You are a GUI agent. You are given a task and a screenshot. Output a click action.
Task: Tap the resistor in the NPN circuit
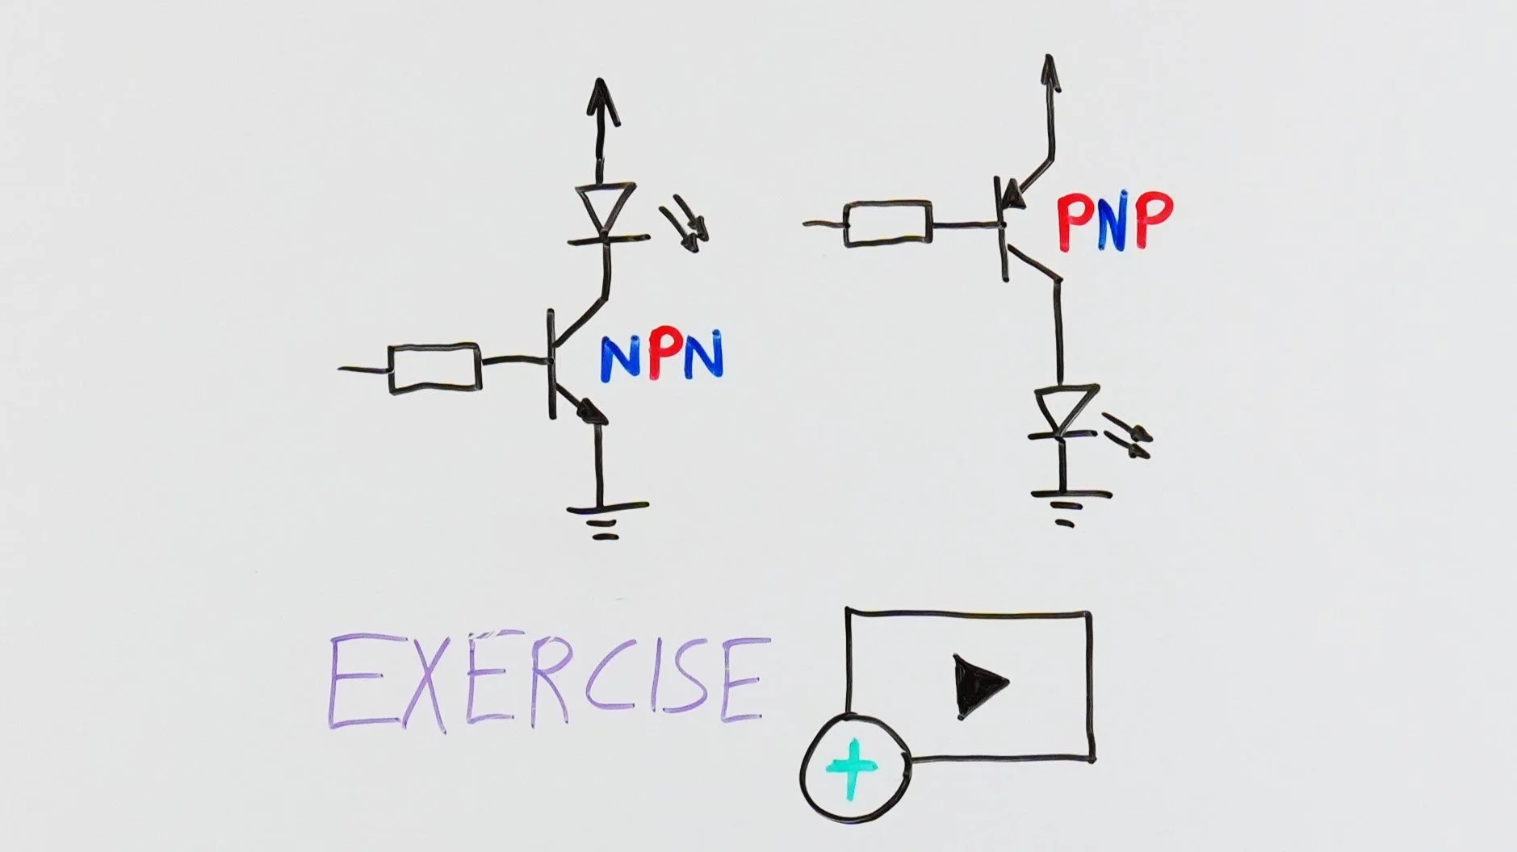click(434, 369)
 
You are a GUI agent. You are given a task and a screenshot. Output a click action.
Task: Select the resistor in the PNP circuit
click(887, 223)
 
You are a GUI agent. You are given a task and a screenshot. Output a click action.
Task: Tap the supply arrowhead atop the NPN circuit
click(600, 101)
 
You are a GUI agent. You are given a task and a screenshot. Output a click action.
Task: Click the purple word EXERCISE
click(546, 683)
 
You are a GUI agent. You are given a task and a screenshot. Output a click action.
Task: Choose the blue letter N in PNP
click(1115, 222)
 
